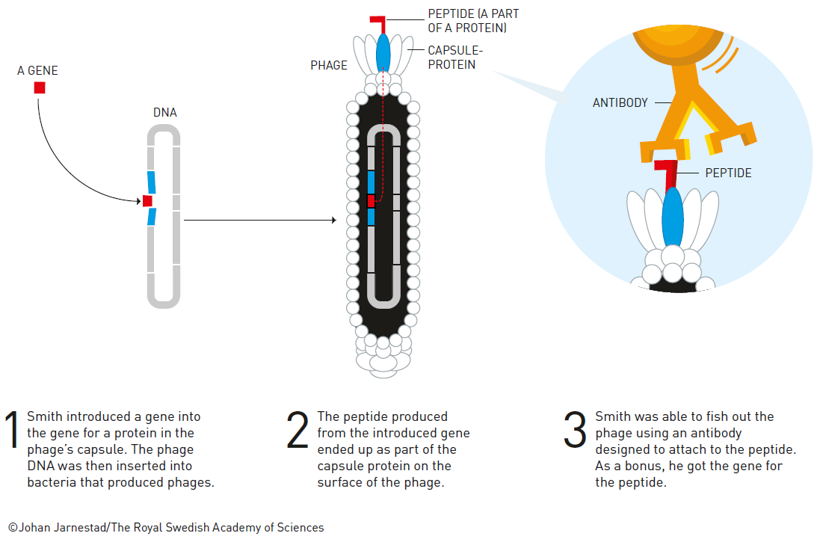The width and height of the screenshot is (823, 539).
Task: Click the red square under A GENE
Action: (x=40, y=87)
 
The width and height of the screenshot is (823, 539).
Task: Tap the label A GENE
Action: (x=37, y=70)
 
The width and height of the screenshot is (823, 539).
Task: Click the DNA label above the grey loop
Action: (x=164, y=112)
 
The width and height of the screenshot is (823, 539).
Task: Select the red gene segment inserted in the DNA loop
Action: (x=147, y=201)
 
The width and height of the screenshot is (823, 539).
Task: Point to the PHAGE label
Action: (x=329, y=65)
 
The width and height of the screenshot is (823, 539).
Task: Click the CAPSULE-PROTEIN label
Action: (x=454, y=58)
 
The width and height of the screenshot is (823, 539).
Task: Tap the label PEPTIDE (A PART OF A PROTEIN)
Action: (x=473, y=20)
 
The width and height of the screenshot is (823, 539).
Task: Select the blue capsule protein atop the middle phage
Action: (x=383, y=53)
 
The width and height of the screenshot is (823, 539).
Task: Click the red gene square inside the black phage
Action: (x=371, y=201)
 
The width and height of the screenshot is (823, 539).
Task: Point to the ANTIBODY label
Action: (x=620, y=102)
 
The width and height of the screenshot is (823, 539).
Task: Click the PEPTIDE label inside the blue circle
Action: (x=728, y=173)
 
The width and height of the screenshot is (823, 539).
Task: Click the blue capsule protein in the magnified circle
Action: (x=672, y=218)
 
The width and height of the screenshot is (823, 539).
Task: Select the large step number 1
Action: (x=11, y=430)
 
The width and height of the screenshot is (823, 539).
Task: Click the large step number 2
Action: (x=298, y=430)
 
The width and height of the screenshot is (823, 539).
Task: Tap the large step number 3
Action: (x=575, y=430)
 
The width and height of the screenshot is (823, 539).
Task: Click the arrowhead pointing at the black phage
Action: (x=334, y=220)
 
